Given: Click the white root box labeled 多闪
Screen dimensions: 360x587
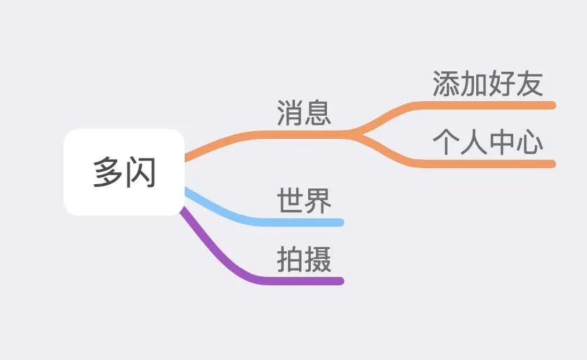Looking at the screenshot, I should point(123,172).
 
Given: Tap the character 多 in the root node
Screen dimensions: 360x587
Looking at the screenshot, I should point(108,172).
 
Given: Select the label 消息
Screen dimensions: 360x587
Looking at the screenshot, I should point(304,113).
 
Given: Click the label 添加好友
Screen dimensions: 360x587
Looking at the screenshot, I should point(487,84).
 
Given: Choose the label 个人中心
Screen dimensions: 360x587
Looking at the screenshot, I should point(487,142).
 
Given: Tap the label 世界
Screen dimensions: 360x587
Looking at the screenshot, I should point(304,201).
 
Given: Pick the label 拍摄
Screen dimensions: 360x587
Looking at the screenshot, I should point(304,260).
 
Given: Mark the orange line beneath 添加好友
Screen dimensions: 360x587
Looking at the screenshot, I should point(488,105).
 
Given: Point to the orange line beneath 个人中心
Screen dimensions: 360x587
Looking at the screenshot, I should point(488,164).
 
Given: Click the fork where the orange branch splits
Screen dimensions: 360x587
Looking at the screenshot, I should point(356,133).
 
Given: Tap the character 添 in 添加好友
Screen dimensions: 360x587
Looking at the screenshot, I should point(445,84).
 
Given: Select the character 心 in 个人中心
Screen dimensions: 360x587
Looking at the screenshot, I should point(530,142).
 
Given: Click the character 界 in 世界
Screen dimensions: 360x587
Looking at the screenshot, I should point(318,201).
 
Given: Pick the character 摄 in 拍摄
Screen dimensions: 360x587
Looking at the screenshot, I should point(318,260).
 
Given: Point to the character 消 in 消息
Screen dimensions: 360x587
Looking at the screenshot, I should point(290,113).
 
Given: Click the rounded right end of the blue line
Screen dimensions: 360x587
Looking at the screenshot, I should point(341,223).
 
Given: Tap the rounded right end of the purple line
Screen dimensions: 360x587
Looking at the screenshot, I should point(341,281).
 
